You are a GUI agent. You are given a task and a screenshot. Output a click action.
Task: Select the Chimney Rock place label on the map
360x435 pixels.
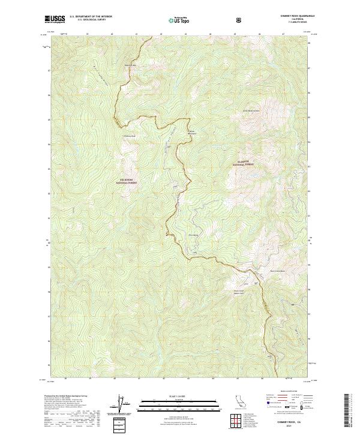(131, 136)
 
